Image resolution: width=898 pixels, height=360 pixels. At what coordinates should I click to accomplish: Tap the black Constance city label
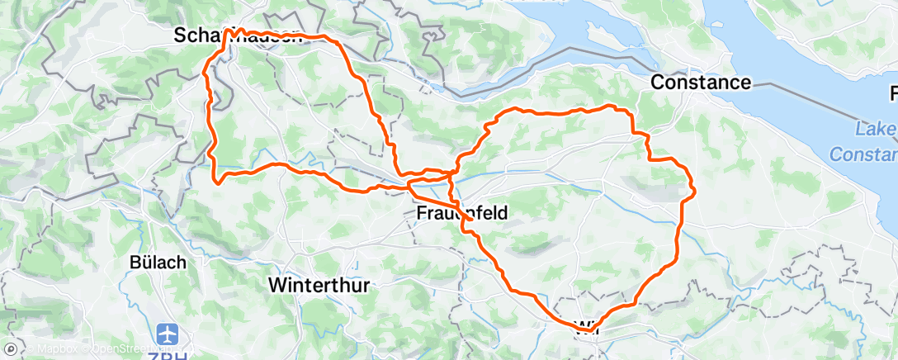(x=701, y=82)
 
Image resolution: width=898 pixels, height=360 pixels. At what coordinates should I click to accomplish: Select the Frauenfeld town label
(x=461, y=213)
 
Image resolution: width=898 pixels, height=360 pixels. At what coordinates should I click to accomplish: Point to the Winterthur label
(x=320, y=284)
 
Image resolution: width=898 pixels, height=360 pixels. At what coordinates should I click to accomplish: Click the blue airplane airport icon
(x=169, y=334)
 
